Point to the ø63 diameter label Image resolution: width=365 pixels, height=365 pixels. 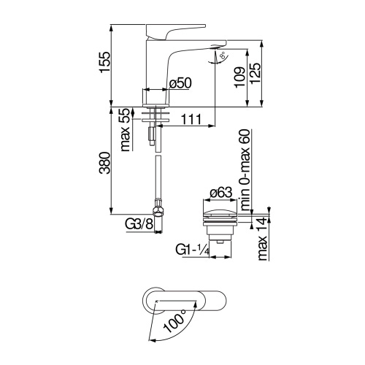tap(220, 193)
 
